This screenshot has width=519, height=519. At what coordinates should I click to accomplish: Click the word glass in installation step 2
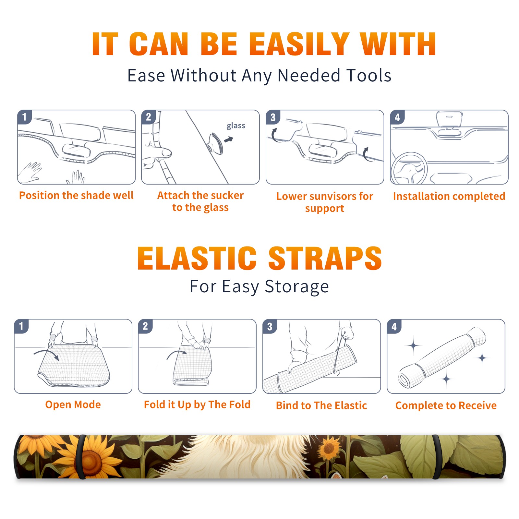point(236,126)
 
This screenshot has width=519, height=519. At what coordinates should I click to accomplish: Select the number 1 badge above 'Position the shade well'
point(25,117)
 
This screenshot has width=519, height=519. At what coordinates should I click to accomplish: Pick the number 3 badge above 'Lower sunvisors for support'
point(273,117)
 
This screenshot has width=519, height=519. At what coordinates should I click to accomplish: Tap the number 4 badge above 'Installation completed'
point(397,117)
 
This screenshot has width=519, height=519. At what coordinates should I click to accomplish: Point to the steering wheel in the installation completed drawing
point(409,169)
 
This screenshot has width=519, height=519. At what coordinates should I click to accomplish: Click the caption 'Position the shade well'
point(76,195)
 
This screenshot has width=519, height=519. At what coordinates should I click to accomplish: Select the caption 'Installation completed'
point(449,196)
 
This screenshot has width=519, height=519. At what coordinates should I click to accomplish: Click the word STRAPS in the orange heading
point(325,258)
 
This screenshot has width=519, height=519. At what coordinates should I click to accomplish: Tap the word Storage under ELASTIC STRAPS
point(297,287)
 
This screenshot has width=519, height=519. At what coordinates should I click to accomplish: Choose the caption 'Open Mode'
point(73,404)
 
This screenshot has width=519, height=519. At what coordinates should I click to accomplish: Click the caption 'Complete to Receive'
point(446,405)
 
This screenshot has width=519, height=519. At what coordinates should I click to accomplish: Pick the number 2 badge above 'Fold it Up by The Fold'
point(145,326)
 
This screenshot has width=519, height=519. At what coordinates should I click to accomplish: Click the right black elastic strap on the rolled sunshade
point(437,457)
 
